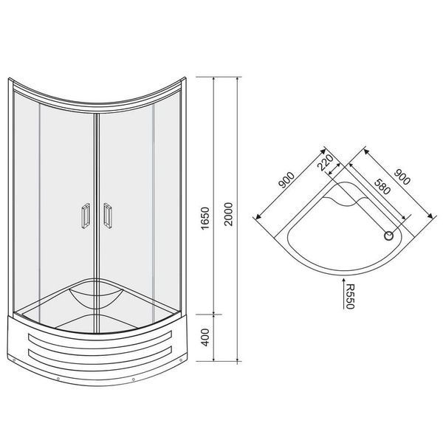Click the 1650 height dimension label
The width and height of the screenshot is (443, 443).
pos(205,218)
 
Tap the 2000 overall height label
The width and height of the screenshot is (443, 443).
pos(228,214)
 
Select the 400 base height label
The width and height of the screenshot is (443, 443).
pos(205,337)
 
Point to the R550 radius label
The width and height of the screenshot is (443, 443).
pos(350,296)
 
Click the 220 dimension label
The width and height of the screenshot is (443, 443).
pos(326,162)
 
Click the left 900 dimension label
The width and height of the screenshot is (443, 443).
pos(286,180)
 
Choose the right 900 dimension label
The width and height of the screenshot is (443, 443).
pos(402,176)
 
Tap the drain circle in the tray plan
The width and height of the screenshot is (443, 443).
pos(389,236)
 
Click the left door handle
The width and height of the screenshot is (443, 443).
pos(86,216)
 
